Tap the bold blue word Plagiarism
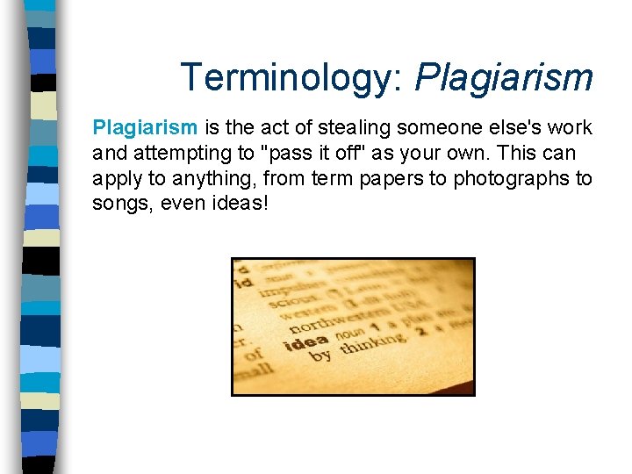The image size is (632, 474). tap(145, 128)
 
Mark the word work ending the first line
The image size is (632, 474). tap(571, 128)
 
